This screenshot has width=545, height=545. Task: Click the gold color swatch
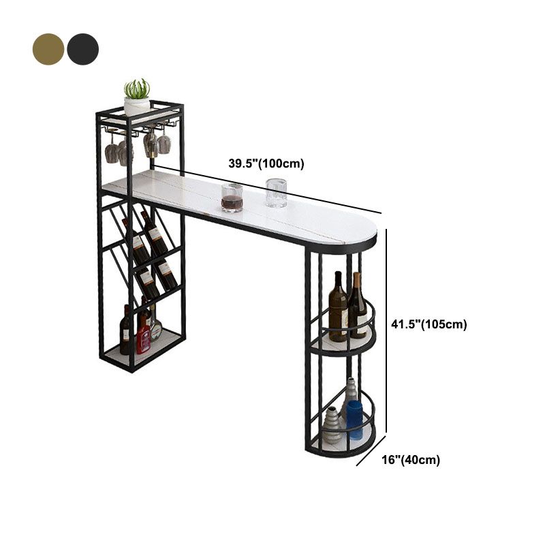tap(48, 49)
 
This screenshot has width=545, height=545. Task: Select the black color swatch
tap(83, 49)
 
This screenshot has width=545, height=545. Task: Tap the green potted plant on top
tap(138, 89)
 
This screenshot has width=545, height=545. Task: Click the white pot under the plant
tap(137, 106)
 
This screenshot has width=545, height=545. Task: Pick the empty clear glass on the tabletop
tap(276, 193)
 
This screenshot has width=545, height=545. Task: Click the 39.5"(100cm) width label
tap(266, 163)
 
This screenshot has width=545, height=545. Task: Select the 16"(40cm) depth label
tap(411, 460)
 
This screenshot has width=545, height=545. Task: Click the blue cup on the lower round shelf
tap(354, 419)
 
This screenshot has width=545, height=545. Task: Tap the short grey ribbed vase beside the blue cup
tap(332, 426)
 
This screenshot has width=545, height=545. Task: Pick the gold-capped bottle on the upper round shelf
tap(357, 307)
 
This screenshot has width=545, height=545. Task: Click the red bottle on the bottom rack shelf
tap(144, 335)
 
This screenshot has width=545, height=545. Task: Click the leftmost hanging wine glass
tap(113, 151)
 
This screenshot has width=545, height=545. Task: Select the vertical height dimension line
tap(387, 332)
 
